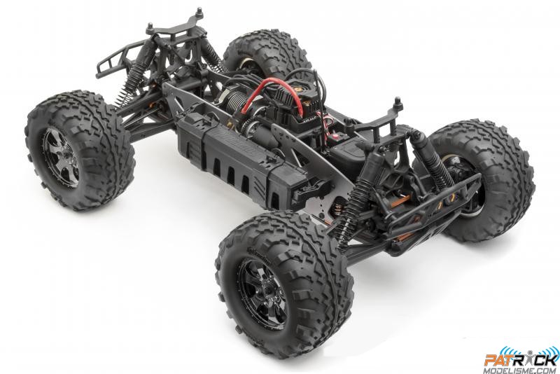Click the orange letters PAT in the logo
[500, 341]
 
